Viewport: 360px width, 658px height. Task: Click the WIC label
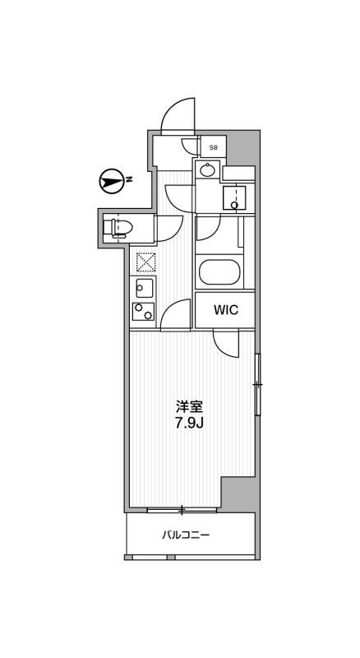click(226, 310)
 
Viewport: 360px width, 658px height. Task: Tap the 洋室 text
click(189, 407)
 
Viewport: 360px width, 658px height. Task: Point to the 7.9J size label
click(189, 423)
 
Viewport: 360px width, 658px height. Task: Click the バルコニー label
click(186, 535)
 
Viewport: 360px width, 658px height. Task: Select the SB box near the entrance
click(213, 147)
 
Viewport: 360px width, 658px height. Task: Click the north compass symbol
click(110, 181)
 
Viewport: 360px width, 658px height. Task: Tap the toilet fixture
click(118, 228)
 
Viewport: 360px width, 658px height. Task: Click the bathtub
click(219, 273)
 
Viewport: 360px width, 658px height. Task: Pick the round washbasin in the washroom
click(206, 169)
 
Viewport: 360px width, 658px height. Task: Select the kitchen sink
click(143, 288)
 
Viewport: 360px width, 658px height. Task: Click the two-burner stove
click(143, 311)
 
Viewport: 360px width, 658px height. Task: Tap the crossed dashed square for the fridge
click(145, 262)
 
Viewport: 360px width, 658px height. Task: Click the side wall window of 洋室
click(257, 384)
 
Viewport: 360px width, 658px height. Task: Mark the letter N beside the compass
click(130, 180)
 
